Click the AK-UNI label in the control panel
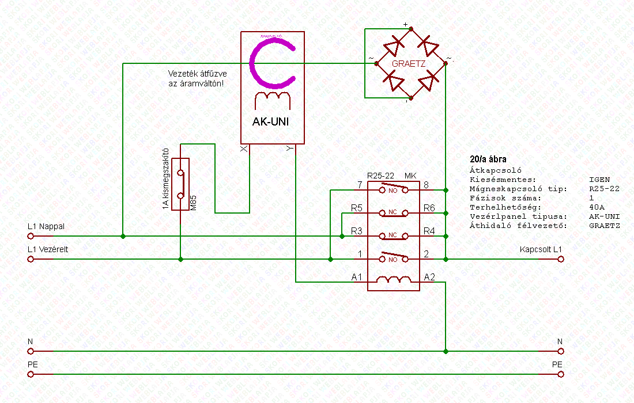270,122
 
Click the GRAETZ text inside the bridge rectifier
408,64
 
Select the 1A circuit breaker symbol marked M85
181,184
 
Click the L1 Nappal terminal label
46,226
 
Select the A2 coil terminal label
430,277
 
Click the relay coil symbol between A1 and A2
394,280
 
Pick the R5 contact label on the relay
357,208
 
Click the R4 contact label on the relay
430,231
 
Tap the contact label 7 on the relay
360,185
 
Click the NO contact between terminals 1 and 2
394,258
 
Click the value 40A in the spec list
597,207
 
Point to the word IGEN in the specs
599,179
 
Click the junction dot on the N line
446,351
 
